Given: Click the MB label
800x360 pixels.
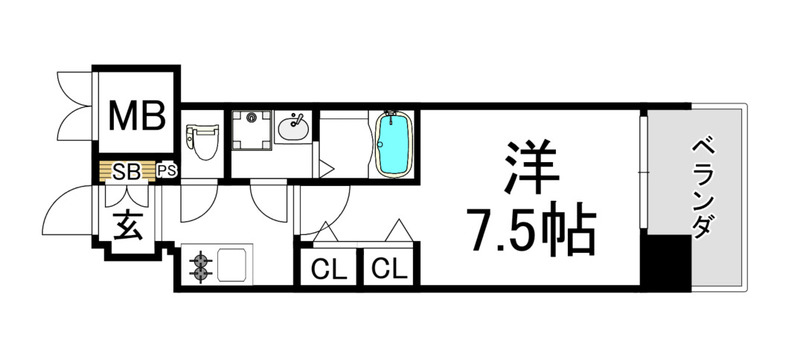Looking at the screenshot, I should coord(137,116).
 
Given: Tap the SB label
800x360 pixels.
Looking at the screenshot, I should coord(125,172).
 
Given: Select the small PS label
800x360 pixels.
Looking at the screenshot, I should coord(167,172).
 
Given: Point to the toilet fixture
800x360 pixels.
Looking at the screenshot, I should coord(203,140).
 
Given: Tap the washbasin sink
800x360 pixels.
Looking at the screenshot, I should coord(293,129).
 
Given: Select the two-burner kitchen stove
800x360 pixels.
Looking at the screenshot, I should coord(202,265).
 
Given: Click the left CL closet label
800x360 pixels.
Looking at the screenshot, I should coord(323,268).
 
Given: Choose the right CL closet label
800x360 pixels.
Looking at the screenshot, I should coord(389,268).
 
